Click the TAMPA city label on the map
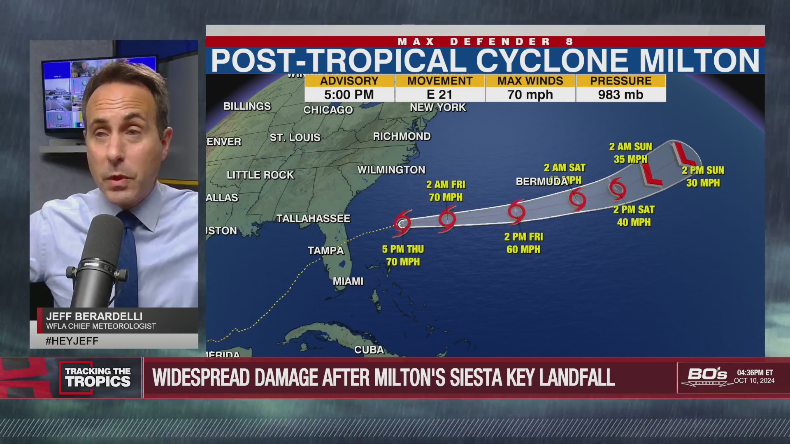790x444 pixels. coord(325,250)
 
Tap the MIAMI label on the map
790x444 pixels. coord(348,281)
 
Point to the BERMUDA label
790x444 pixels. coord(541,182)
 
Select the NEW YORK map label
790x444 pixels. coord(438,108)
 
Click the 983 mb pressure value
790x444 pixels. coord(620,95)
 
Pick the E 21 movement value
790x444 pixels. coord(439,95)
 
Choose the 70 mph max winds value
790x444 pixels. coord(530,95)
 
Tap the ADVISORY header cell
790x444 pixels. coord(349,81)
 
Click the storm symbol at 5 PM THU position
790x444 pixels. coord(402,223)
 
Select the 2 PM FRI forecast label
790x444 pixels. coord(523,237)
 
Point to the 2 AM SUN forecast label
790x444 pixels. coord(630,147)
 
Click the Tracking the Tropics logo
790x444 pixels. coord(98,377)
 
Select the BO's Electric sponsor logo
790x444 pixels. coord(707,376)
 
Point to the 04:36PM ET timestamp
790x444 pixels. coord(755,372)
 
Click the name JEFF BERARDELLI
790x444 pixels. coord(94,317)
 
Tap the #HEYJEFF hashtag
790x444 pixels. coord(72,341)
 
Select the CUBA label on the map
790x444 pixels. coord(369,350)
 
